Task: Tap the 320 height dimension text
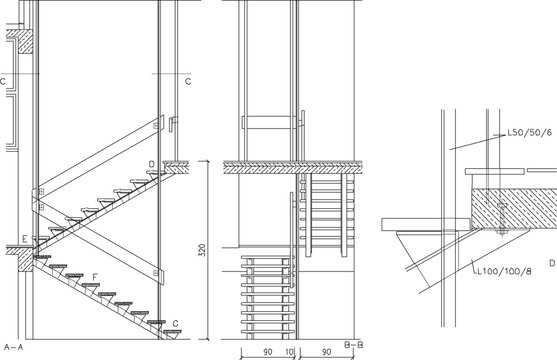201,251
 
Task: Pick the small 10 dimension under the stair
290,352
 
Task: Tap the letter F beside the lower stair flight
94,276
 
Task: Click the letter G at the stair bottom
175,323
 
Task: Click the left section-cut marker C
4,80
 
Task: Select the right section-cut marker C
188,80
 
